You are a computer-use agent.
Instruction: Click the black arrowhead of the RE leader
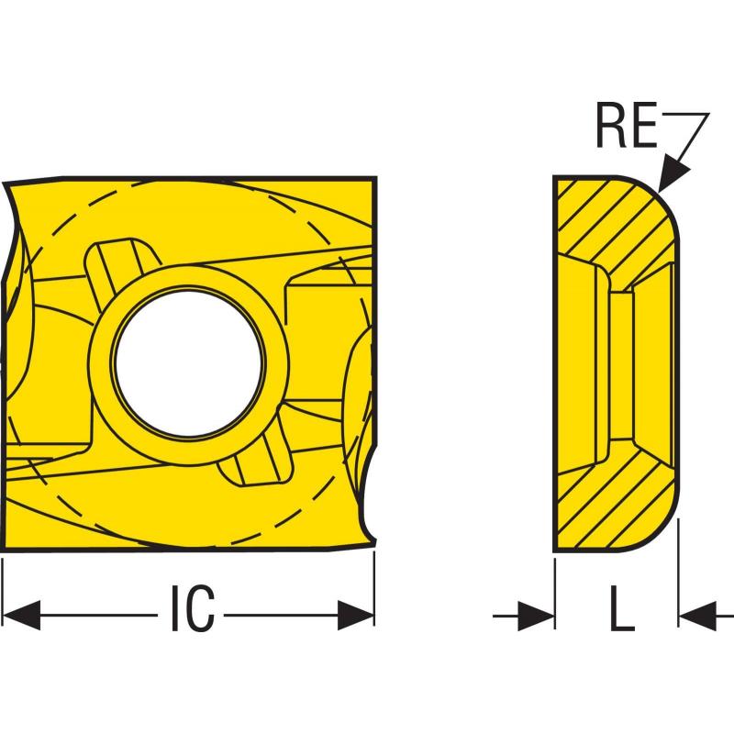coord(674,178)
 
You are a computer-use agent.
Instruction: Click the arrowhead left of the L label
coord(537,614)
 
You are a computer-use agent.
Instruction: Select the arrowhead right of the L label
coord(695,614)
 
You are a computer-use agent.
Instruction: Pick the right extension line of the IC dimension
coord(374,587)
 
